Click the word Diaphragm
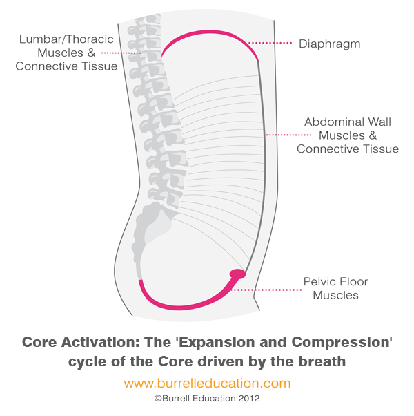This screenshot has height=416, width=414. coord(330,44)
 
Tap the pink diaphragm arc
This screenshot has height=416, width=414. coord(209,32)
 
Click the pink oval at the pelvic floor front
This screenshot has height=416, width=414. coord(237,274)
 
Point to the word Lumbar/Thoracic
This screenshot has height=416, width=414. coord(66,39)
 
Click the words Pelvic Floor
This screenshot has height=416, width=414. coord(335,282)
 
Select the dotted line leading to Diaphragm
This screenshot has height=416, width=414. coord(270,43)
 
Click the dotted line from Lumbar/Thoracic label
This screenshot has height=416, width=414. coord(121,53)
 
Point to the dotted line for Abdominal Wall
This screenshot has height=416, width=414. coord(288,135)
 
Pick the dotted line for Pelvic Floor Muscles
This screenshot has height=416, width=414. coord(266,290)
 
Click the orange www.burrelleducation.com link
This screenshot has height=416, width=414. coord(207,384)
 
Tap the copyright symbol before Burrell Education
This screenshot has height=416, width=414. coord(158,399)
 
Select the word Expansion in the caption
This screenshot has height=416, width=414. coord(217,342)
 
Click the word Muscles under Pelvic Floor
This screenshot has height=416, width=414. coord(335,295)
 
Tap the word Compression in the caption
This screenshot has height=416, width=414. coord(341,342)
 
